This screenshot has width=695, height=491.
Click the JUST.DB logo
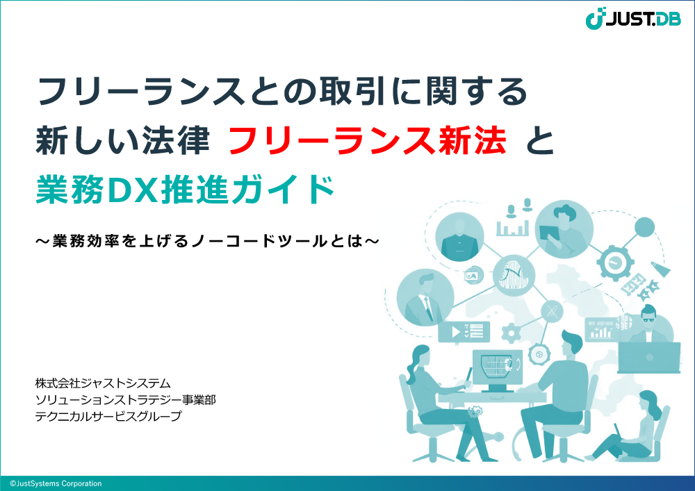click(x=633, y=19)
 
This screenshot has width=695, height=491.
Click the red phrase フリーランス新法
click(x=368, y=140)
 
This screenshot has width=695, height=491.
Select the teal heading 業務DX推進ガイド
click(x=186, y=190)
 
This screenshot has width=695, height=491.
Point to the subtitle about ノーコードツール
click(x=207, y=241)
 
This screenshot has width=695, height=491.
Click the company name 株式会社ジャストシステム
click(x=103, y=383)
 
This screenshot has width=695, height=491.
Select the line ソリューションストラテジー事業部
click(x=125, y=400)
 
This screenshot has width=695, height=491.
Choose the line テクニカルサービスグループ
click(x=108, y=416)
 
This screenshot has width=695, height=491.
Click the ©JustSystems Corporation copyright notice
click(x=56, y=483)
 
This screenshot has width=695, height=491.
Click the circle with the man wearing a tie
click(x=425, y=297)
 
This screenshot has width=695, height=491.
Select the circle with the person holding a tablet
click(x=564, y=229)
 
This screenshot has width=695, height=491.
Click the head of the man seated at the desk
click(x=572, y=342)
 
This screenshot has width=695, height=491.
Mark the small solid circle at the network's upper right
click(x=644, y=228)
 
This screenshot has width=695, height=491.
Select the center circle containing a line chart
click(x=514, y=276)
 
